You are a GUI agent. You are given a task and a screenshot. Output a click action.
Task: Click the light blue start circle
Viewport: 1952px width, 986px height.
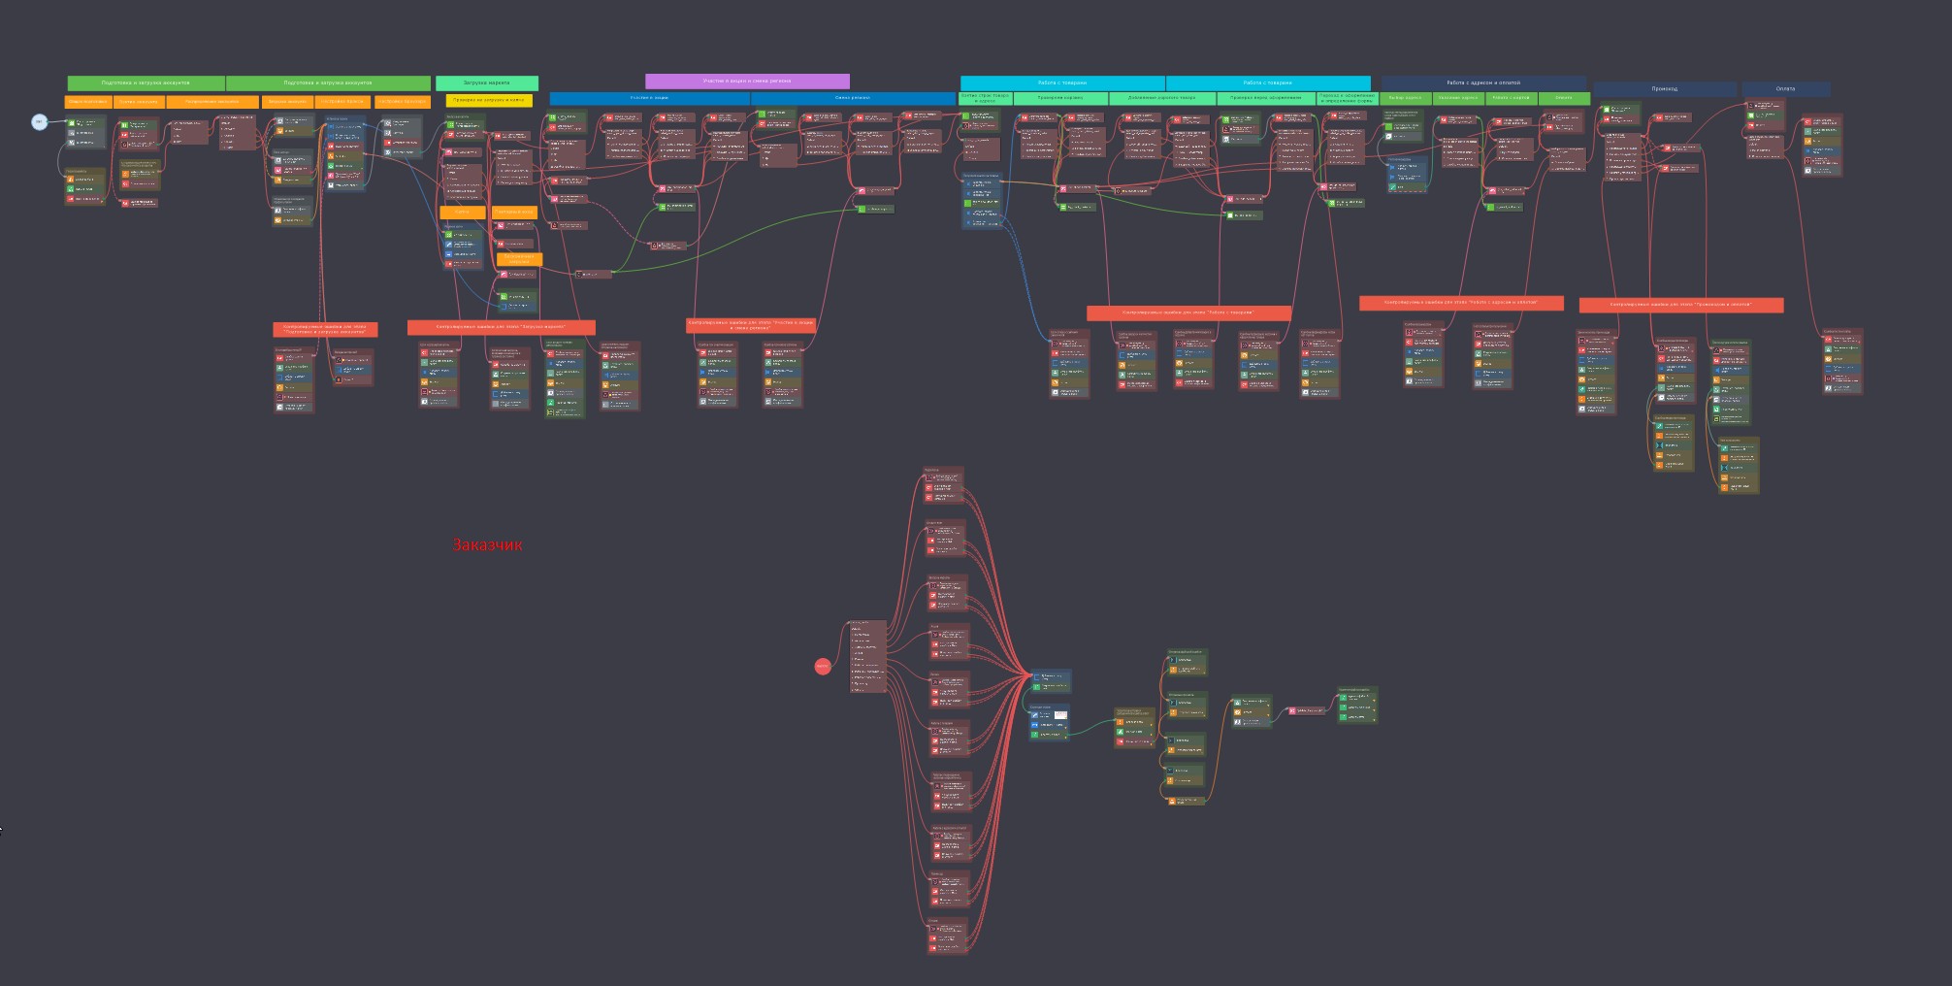coord(39,121)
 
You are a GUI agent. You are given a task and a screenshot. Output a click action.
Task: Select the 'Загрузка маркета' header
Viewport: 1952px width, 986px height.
coord(487,83)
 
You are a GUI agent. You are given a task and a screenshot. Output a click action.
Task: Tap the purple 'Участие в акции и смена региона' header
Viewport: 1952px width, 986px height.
coord(747,82)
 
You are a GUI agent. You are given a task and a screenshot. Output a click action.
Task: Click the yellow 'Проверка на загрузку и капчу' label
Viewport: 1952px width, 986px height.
coord(489,100)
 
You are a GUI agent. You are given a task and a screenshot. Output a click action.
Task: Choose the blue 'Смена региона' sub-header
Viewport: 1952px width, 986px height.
coord(853,98)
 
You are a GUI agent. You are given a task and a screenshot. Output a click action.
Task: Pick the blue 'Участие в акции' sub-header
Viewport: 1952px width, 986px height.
coord(649,98)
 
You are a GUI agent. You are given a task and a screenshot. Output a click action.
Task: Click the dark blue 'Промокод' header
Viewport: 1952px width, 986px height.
coord(1665,89)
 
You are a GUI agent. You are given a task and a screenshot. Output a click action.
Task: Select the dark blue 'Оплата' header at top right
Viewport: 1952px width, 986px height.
coord(1785,89)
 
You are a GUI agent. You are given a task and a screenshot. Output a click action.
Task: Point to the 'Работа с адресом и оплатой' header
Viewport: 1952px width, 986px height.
coord(1483,83)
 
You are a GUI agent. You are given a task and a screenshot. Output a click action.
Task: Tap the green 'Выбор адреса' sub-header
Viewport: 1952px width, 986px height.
coord(1405,98)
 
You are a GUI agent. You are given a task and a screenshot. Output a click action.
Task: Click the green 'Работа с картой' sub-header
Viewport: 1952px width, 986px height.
coord(1511,98)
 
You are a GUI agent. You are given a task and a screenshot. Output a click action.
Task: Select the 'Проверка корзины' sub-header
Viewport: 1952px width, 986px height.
coord(1060,98)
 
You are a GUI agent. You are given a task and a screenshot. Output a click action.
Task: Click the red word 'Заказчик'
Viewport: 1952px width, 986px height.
coord(487,545)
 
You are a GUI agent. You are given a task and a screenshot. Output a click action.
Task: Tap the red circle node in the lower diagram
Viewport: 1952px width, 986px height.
coord(823,666)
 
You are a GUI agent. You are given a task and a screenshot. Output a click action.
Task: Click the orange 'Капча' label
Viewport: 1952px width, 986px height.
coord(462,212)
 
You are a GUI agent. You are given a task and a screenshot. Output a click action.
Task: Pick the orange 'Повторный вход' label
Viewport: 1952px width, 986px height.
coord(514,212)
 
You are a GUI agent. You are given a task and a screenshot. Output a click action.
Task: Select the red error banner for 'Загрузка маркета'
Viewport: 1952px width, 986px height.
coord(501,327)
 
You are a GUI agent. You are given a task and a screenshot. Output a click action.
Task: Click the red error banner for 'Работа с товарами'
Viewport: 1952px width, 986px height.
coord(1188,312)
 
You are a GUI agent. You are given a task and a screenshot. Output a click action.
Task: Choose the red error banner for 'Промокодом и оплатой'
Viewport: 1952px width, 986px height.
coord(1680,305)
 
